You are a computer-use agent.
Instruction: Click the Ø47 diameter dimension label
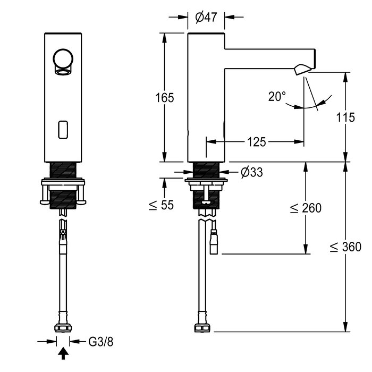tap(206, 18)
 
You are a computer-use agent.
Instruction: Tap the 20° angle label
tap(276, 96)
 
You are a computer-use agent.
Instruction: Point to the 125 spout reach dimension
tap(256, 142)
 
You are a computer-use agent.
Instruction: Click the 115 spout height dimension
tap(345, 117)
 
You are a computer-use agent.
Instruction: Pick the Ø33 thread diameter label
tap(251, 172)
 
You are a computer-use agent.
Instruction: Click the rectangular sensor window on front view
tap(63, 129)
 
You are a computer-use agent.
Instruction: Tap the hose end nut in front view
tap(63, 327)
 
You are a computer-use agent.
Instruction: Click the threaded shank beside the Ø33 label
tap(207, 171)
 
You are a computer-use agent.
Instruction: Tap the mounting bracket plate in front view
tap(63, 186)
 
